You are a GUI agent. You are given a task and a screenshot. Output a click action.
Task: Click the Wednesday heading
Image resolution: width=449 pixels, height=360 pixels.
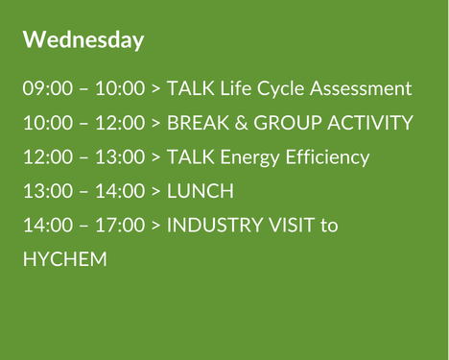click(x=83, y=40)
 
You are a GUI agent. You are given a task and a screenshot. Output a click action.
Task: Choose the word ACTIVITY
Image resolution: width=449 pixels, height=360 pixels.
click(x=371, y=124)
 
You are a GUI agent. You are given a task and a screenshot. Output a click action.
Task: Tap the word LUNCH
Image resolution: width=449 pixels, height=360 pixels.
click(x=200, y=192)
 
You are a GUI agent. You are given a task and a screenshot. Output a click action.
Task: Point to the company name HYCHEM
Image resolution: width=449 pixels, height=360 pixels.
click(x=64, y=260)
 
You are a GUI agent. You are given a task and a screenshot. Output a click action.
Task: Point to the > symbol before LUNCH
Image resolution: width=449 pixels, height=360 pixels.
click(x=155, y=192)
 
